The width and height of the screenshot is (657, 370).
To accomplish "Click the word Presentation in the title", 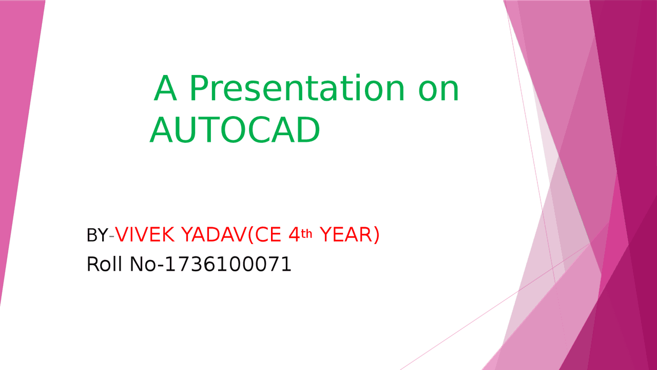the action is tap(297, 88).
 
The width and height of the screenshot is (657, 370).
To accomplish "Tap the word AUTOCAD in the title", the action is tap(235, 129).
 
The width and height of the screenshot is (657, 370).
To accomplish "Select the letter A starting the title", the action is tap(165, 88).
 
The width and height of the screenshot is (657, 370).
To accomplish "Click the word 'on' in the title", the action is tap(438, 91).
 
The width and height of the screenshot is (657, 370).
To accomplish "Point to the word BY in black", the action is tap(97, 235).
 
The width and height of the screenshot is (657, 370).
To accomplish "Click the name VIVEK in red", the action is tap(145, 235).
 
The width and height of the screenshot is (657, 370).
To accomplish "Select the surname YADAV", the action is tap(214, 235).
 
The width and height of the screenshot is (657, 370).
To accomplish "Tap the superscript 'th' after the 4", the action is tap(306, 234).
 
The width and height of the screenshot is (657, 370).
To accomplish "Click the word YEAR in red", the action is tap(346, 235).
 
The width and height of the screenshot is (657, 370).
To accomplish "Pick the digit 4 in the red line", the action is tap(294, 235).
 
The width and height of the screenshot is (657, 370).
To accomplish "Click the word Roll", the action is tap(104, 264).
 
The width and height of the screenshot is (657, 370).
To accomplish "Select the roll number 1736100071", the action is tap(228, 264).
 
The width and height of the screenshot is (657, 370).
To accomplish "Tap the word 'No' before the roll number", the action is tap(143, 264).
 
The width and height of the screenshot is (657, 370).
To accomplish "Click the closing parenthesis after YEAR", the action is tap(377, 235).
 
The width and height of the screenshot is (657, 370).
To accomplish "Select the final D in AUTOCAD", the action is tap(308, 129).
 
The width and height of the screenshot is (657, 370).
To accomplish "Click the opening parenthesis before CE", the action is tap(251, 235).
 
